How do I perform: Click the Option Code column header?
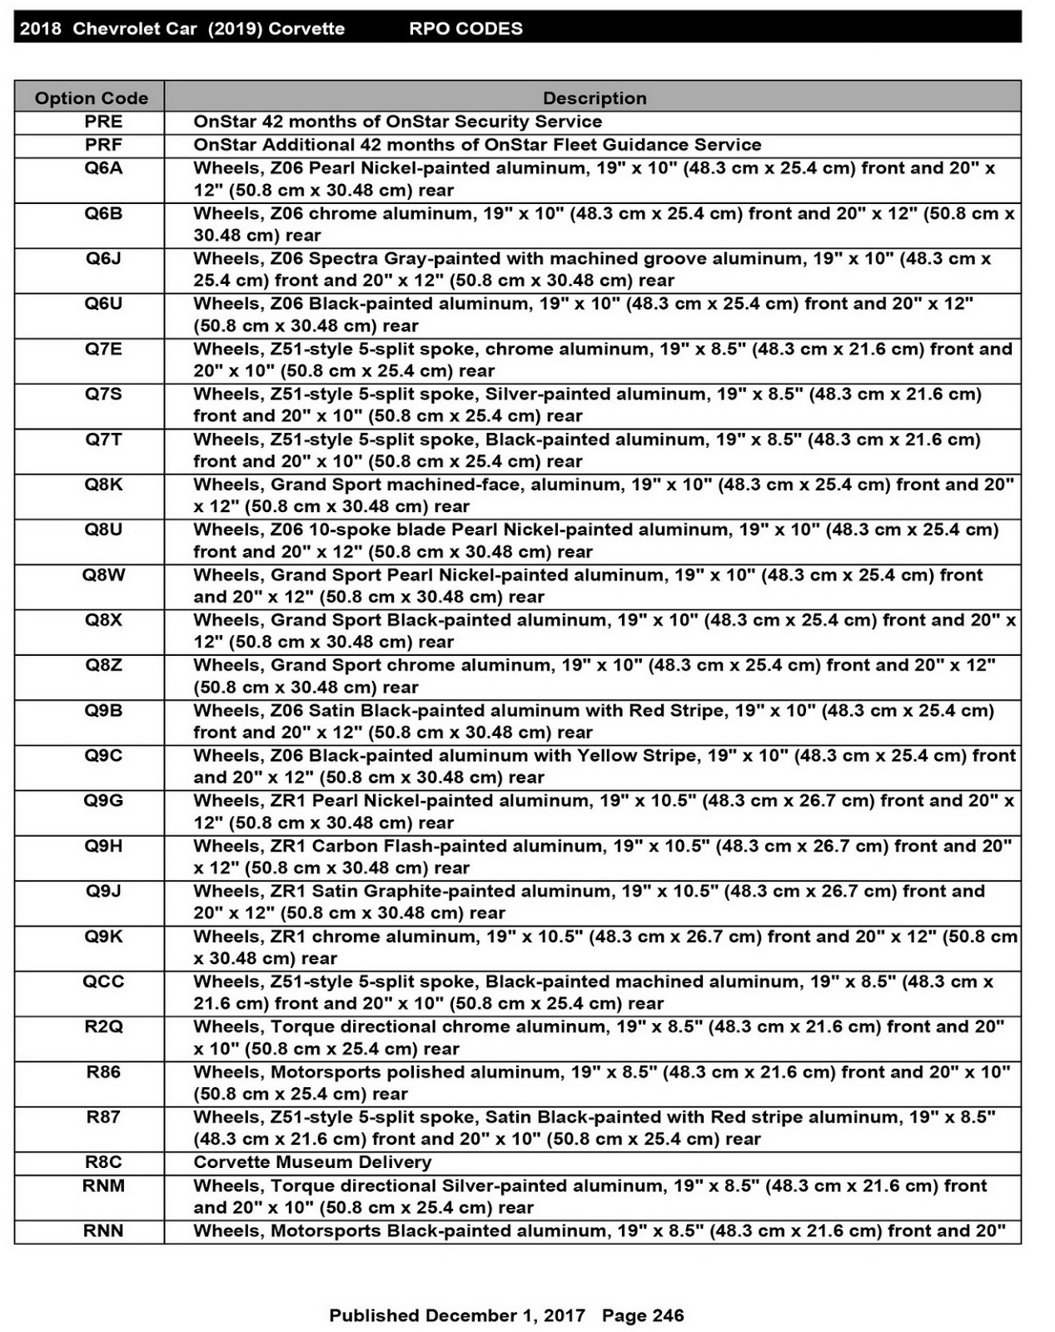(91, 97)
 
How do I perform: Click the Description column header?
(594, 97)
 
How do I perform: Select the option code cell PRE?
(103, 122)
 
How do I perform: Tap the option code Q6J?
(103, 258)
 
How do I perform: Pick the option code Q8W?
(103, 574)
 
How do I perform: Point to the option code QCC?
(103, 982)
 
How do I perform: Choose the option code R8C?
(103, 1162)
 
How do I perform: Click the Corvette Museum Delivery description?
(312, 1162)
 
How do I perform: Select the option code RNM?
(103, 1185)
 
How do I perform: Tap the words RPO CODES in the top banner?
(465, 28)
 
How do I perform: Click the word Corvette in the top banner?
(306, 28)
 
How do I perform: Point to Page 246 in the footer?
(642, 1315)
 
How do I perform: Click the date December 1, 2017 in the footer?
(505, 1315)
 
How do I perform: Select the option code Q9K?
(103, 937)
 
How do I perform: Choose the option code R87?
(103, 1117)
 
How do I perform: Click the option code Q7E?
(103, 349)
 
